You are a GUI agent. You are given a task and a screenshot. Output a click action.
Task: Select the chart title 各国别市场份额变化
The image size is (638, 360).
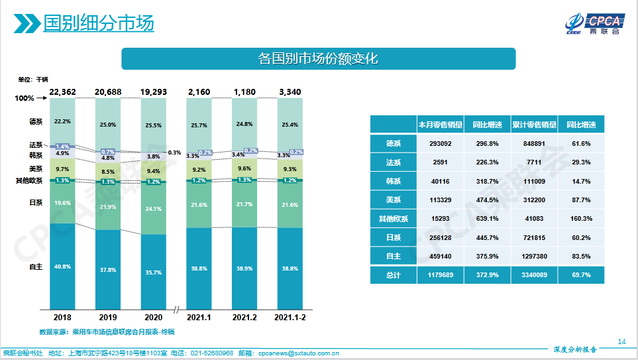[318, 58]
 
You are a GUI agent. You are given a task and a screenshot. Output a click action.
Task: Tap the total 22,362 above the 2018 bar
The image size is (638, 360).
[63, 91]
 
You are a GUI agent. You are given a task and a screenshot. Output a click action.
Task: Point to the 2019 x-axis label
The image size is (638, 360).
[107, 317]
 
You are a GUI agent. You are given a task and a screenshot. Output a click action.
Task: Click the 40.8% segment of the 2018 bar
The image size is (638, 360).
[63, 267]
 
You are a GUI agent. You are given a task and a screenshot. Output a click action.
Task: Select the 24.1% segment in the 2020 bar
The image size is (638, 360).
[154, 209]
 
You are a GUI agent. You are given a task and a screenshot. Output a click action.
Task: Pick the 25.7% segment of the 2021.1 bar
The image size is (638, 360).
[199, 125]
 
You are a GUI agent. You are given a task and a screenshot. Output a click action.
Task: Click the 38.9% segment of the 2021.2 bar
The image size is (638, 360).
[244, 268]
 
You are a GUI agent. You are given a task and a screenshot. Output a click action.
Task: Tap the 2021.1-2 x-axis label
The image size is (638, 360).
[290, 317]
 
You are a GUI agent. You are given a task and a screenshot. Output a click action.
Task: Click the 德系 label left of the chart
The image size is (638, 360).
[36, 121]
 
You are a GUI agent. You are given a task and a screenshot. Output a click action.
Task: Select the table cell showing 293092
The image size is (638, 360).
[440, 143]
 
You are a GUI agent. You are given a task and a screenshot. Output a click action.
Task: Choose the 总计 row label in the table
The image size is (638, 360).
[393, 274]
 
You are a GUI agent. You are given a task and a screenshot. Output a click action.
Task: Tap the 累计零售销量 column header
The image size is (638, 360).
[534, 125]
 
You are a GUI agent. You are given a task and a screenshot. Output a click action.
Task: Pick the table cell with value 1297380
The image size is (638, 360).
[534, 256]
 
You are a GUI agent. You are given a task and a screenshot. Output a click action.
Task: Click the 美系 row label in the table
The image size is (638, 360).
[393, 200]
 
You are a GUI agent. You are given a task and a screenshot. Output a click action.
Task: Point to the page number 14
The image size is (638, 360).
[621, 341]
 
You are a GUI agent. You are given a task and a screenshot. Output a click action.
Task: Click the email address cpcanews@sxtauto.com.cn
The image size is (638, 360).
[299, 353]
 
